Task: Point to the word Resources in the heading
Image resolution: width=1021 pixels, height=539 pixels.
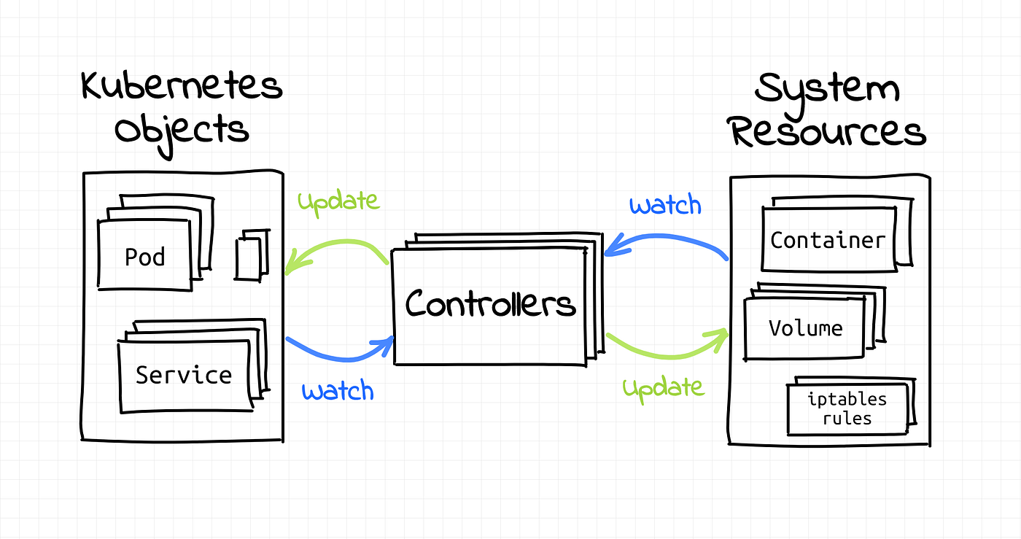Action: [828, 133]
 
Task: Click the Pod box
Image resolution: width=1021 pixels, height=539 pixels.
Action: [144, 257]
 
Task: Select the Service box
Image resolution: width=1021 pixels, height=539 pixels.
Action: [184, 375]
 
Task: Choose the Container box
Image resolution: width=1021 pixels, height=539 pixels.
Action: [828, 240]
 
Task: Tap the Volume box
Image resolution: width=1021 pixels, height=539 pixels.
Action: [805, 328]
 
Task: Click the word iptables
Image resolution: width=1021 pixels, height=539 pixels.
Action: [847, 400]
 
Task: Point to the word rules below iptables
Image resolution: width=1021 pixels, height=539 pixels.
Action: [847, 419]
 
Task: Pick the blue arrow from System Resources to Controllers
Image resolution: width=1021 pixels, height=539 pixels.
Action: [667, 239]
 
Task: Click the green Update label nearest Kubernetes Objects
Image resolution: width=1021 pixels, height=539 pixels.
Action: [338, 201]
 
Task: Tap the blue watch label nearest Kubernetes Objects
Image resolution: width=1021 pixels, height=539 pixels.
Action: [338, 391]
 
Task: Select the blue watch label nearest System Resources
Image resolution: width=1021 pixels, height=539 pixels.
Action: [665, 205]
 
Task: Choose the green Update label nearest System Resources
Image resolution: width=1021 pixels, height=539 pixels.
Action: [664, 387]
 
